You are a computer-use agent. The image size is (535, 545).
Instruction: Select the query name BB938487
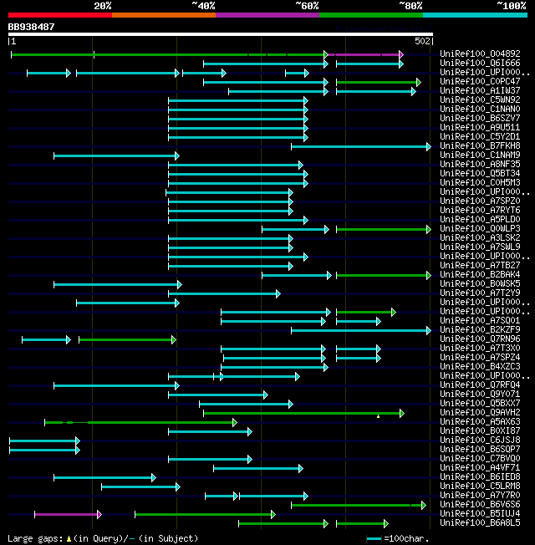pos(31,27)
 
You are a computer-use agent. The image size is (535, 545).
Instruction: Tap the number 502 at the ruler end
pos(422,41)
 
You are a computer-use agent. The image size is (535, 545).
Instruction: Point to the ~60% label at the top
pos(307,5)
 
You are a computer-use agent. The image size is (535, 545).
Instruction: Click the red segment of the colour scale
pos(59,14)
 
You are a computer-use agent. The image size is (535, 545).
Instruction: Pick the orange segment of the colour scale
pos(163,14)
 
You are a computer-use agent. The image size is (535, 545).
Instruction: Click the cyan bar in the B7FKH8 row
pos(359,146)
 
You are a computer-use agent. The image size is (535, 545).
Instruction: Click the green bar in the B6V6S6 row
pos(357,505)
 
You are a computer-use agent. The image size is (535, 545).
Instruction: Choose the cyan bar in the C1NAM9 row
pos(115,155)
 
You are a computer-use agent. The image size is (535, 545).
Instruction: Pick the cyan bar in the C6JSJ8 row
pos(43,441)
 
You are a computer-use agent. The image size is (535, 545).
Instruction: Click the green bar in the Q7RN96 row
pos(126,339)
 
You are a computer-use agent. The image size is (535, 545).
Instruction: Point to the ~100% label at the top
pos(510,5)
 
